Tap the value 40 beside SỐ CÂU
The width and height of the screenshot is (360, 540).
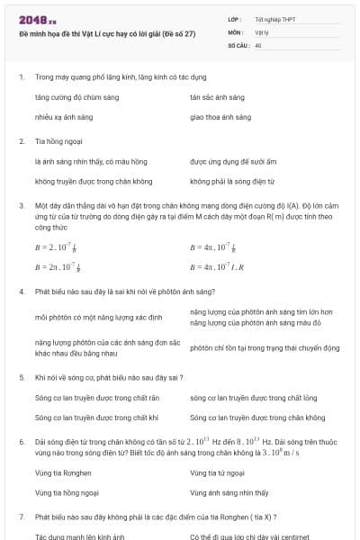(258, 43)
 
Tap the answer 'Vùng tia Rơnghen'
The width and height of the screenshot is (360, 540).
(62, 472)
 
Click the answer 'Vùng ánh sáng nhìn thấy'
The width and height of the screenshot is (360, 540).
(229, 493)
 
